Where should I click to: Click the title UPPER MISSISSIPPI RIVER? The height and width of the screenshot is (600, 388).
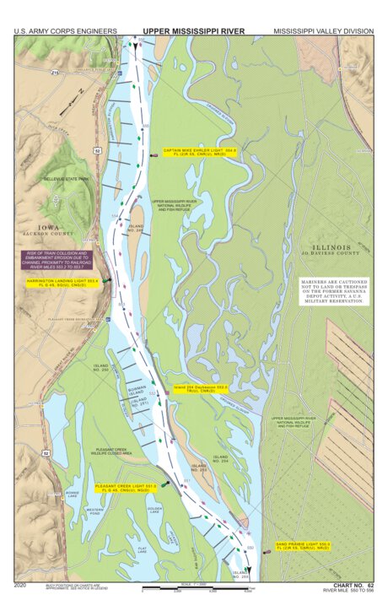(193, 31)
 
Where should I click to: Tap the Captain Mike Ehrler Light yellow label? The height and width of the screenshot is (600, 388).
(200, 153)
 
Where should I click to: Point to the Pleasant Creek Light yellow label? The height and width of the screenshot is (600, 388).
(127, 487)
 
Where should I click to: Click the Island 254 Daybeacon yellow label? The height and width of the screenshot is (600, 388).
(201, 389)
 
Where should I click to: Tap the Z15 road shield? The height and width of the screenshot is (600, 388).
(56, 74)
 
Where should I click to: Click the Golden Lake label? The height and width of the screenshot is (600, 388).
(154, 511)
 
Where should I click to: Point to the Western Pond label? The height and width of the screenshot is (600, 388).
(94, 511)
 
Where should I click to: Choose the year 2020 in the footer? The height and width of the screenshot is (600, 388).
(22, 585)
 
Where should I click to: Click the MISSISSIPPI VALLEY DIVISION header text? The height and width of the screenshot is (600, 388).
(322, 31)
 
